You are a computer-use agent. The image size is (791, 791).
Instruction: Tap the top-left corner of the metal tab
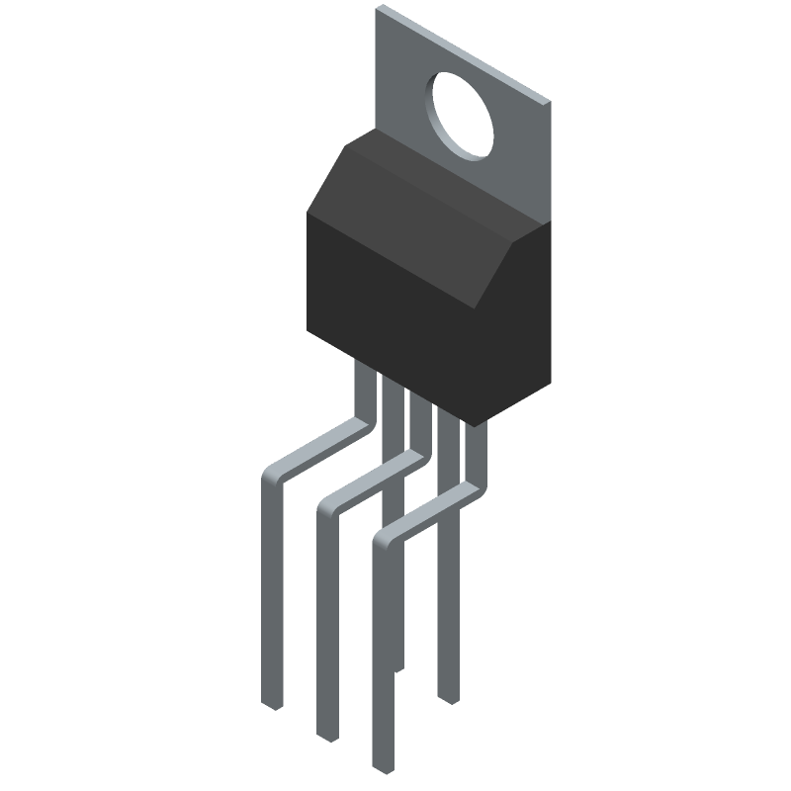(379, 10)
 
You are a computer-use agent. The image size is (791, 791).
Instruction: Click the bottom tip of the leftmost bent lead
(274, 705)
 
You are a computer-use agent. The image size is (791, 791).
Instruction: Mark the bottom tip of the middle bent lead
(327, 737)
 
